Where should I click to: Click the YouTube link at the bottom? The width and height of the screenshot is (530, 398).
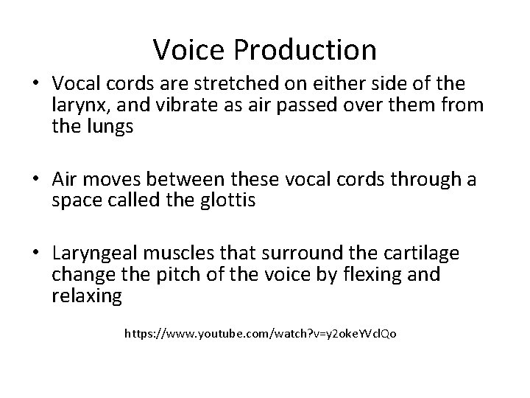pyautogui.click(x=261, y=334)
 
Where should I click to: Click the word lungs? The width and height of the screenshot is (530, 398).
pyautogui.click(x=107, y=126)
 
